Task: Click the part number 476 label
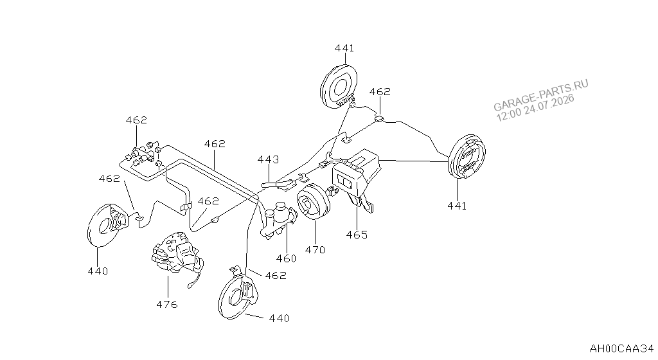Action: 167,304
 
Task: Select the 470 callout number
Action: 315,249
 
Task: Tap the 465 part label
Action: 357,235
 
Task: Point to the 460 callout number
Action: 286,258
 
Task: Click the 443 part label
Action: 268,159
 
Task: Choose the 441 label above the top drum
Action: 344,48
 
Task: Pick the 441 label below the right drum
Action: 457,206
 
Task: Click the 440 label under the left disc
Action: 98,271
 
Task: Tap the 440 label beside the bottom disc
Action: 279,318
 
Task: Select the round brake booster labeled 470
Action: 314,202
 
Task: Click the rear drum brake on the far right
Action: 467,157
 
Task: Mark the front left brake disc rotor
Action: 107,226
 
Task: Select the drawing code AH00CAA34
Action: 622,348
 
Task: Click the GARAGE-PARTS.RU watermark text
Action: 540,95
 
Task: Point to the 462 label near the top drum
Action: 380,91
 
